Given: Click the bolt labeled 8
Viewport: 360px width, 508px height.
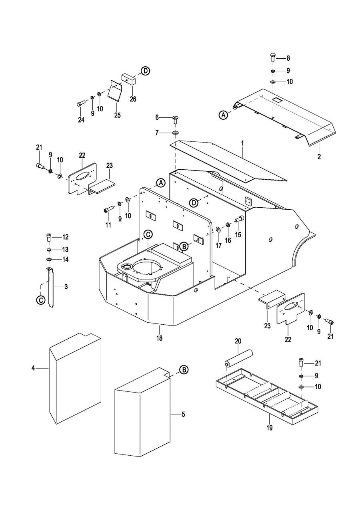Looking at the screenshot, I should (273, 57).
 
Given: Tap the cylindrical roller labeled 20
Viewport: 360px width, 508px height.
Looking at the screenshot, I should (239, 358).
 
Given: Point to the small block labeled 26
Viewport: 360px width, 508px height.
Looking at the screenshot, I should (129, 78).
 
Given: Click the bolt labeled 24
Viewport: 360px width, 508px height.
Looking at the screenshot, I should (79, 104).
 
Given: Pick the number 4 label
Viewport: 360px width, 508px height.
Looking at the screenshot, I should (33, 368).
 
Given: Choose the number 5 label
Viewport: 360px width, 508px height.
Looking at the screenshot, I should (183, 414).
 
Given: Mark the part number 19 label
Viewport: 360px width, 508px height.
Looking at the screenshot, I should (269, 428).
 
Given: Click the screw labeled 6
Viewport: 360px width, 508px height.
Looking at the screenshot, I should (176, 119).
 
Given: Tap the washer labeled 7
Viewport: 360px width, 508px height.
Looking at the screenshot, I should (176, 132).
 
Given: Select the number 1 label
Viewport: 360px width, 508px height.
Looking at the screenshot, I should (242, 143).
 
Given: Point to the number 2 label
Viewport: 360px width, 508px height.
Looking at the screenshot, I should (319, 157).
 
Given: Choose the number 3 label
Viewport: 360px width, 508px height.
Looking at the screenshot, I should (66, 286).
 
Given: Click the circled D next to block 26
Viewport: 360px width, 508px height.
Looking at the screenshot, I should (146, 71).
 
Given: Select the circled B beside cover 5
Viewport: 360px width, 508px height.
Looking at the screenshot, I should (184, 369).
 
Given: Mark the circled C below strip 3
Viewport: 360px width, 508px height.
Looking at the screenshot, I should (41, 300).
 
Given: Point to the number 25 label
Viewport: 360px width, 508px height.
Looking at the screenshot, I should (117, 115).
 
